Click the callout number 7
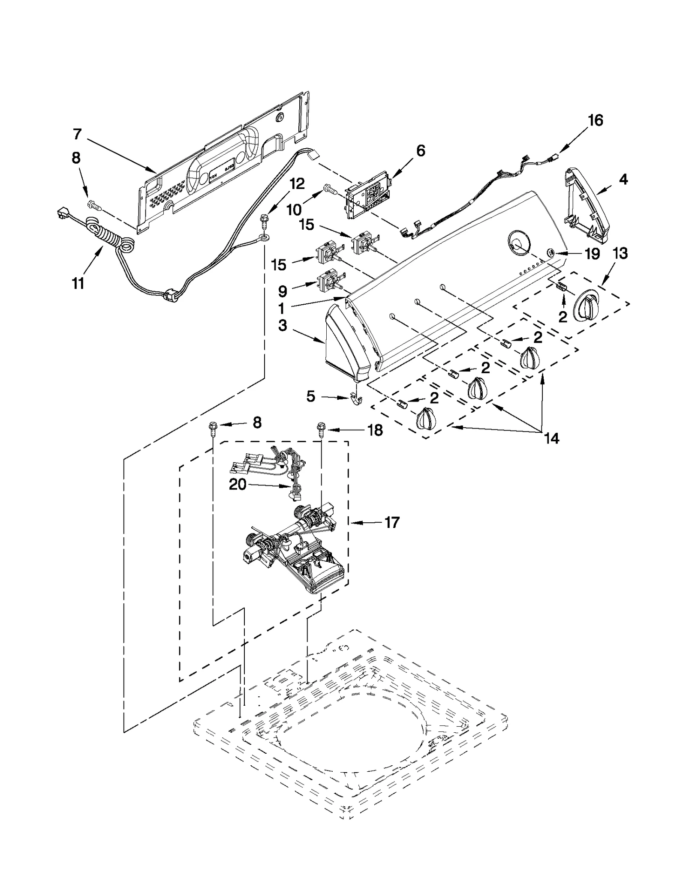tap(77, 134)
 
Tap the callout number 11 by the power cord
tap(78, 283)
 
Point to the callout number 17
tap(391, 522)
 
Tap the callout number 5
tap(310, 396)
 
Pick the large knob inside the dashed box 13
tap(585, 306)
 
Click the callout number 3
tap(282, 325)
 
